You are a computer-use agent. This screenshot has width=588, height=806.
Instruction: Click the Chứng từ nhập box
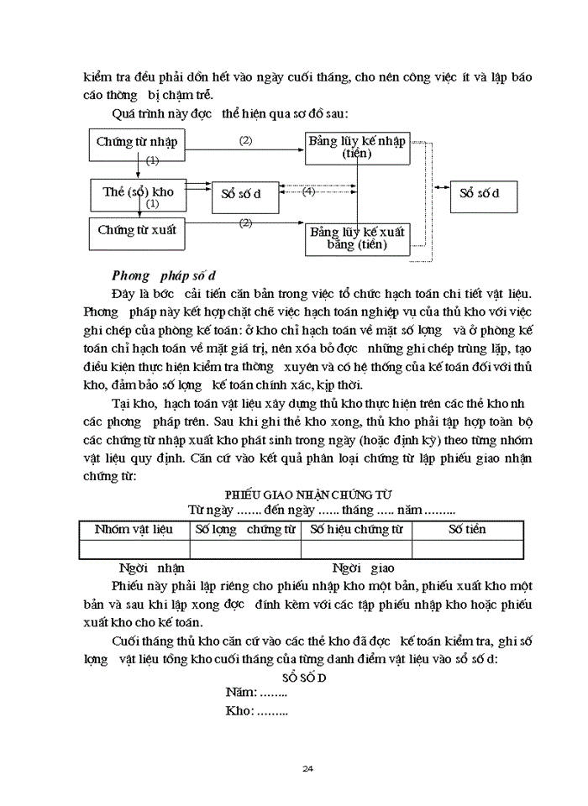tap(137, 144)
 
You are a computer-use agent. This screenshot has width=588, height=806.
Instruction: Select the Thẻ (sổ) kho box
tap(137, 193)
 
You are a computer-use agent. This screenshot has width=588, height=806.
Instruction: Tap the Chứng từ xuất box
tap(137, 231)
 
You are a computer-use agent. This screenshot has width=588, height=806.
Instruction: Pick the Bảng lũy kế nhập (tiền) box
tap(357, 146)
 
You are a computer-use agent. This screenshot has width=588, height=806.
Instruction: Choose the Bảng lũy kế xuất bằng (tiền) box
tap(357, 238)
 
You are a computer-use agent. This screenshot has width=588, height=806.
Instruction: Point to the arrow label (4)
tap(308, 191)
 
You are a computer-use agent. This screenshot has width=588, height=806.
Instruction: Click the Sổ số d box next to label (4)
tap(241, 194)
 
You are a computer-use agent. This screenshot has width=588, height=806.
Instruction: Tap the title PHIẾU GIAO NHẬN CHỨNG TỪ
tap(308, 495)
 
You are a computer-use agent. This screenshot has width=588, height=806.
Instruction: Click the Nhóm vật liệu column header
tap(134, 530)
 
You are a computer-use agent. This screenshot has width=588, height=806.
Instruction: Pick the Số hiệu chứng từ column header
tap(356, 530)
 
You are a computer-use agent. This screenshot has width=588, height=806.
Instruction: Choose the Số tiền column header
tap(467, 530)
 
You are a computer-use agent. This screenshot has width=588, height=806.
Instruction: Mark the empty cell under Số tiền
tap(467, 549)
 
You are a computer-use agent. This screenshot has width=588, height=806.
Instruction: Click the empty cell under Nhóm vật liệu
tap(134, 549)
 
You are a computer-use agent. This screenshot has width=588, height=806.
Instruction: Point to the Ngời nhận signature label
tap(151, 568)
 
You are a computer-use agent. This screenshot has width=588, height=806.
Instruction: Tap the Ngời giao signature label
tap(364, 568)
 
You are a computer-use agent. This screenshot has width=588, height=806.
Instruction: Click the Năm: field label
tap(255, 693)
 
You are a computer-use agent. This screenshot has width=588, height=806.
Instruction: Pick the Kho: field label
tap(256, 711)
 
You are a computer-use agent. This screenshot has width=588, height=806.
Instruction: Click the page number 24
tap(307, 769)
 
